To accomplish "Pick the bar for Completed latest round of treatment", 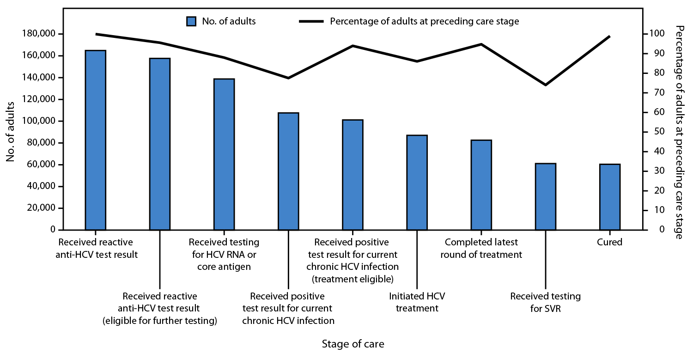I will click(481, 185).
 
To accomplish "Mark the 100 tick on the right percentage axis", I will click(654, 34).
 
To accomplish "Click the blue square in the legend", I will click(192, 21).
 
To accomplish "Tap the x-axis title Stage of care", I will click(353, 344).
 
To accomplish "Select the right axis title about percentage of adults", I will click(679, 132).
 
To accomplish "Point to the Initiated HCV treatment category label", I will click(417, 302).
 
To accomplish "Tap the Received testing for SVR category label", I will click(546, 302).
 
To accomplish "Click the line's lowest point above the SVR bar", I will click(546, 85).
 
